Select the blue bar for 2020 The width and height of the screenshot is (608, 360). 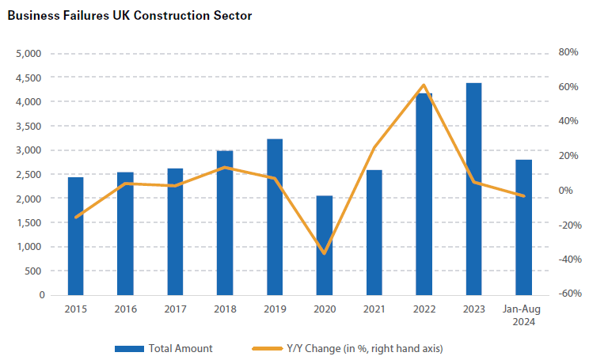[x=325, y=245]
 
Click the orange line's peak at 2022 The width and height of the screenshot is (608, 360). [x=424, y=85]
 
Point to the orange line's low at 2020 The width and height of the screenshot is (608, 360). [x=325, y=253]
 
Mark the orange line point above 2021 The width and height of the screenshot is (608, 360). [x=374, y=148]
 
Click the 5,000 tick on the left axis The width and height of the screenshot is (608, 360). [x=29, y=54]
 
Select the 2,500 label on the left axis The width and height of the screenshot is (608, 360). [x=29, y=174]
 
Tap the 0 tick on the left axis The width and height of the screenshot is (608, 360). [x=40, y=295]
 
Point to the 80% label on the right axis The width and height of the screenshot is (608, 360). [x=569, y=52]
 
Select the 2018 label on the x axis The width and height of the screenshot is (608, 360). [x=225, y=309]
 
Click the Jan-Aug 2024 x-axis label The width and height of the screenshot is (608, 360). [x=523, y=316]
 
